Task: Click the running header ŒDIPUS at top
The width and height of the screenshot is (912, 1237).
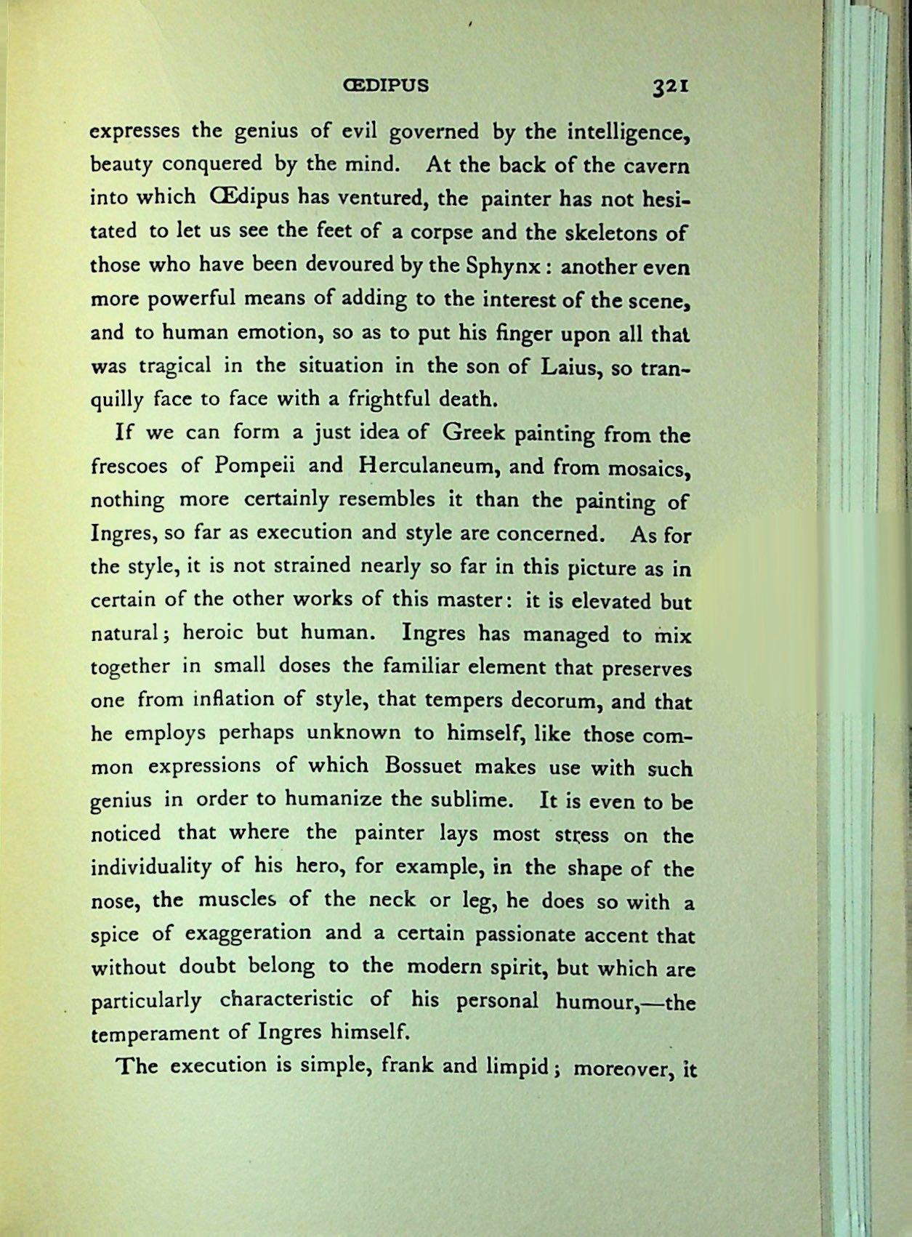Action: (385, 86)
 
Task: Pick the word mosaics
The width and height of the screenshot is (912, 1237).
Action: (650, 468)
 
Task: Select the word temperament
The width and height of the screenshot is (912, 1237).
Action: (148, 1033)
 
